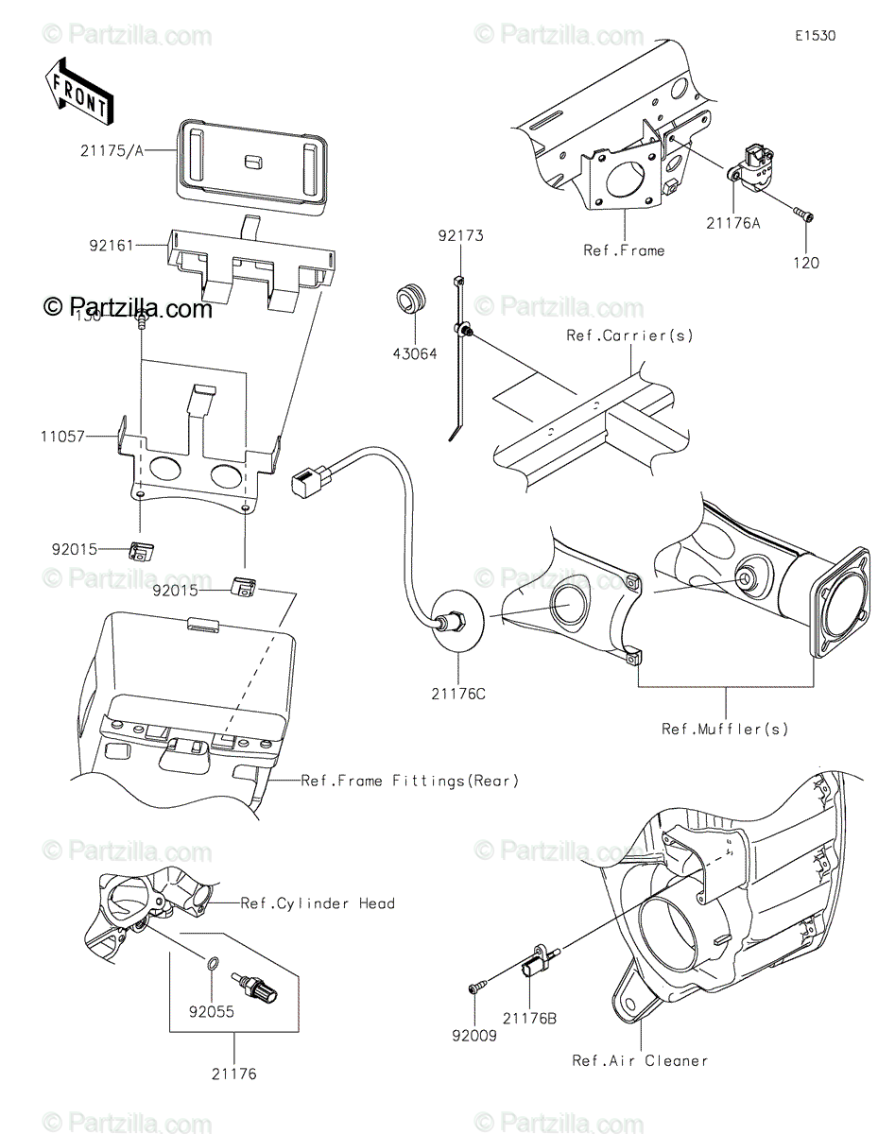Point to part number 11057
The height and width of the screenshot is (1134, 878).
62,438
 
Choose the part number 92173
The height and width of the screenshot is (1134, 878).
459,235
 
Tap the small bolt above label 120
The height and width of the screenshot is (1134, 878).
803,217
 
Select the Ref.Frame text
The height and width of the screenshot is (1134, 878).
624,250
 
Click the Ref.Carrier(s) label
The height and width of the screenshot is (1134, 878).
629,335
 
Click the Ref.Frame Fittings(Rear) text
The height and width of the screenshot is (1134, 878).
409,781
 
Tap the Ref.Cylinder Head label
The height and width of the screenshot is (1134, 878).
317,903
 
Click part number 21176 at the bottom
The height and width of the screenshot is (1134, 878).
233,1074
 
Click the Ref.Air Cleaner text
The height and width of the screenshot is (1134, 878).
640,1060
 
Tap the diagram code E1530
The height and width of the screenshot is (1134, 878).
815,37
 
